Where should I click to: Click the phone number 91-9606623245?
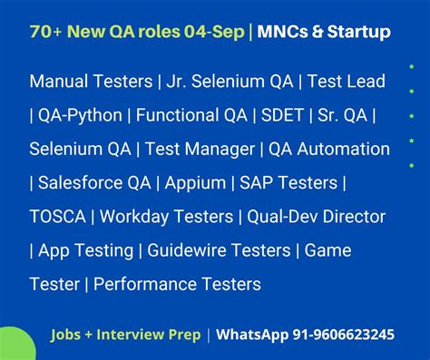point(344,335)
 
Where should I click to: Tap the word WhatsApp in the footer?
point(252,335)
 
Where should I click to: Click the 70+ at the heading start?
point(45,33)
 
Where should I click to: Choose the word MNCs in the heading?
point(283,33)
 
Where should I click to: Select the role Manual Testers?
point(91,82)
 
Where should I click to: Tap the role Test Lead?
point(347,82)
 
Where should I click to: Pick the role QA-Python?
point(78,115)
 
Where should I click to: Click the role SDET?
point(283,115)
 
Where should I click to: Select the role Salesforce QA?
point(93,183)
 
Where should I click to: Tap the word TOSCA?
point(58,217)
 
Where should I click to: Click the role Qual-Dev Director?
point(316,217)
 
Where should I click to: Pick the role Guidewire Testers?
point(221,250)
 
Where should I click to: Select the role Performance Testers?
point(177,285)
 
